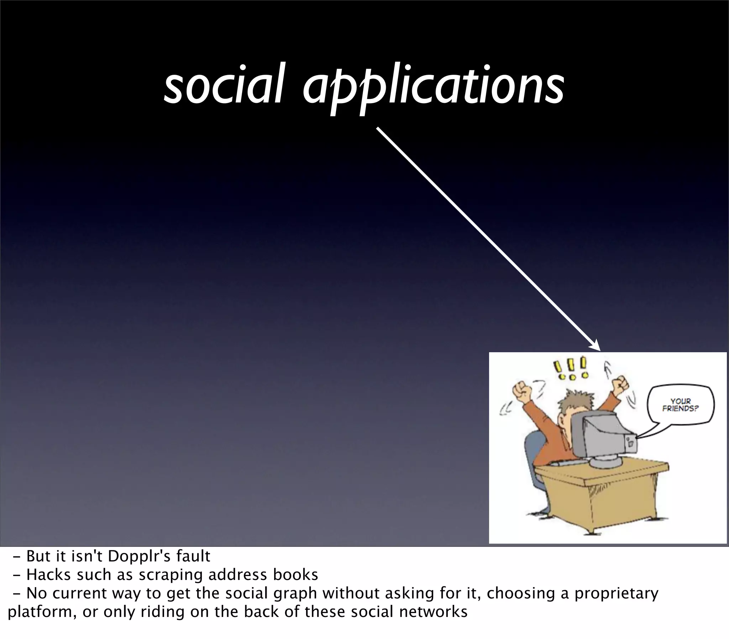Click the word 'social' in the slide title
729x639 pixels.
click(224, 85)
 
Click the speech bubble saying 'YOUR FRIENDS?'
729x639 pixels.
click(681, 405)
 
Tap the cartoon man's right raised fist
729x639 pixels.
click(620, 384)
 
